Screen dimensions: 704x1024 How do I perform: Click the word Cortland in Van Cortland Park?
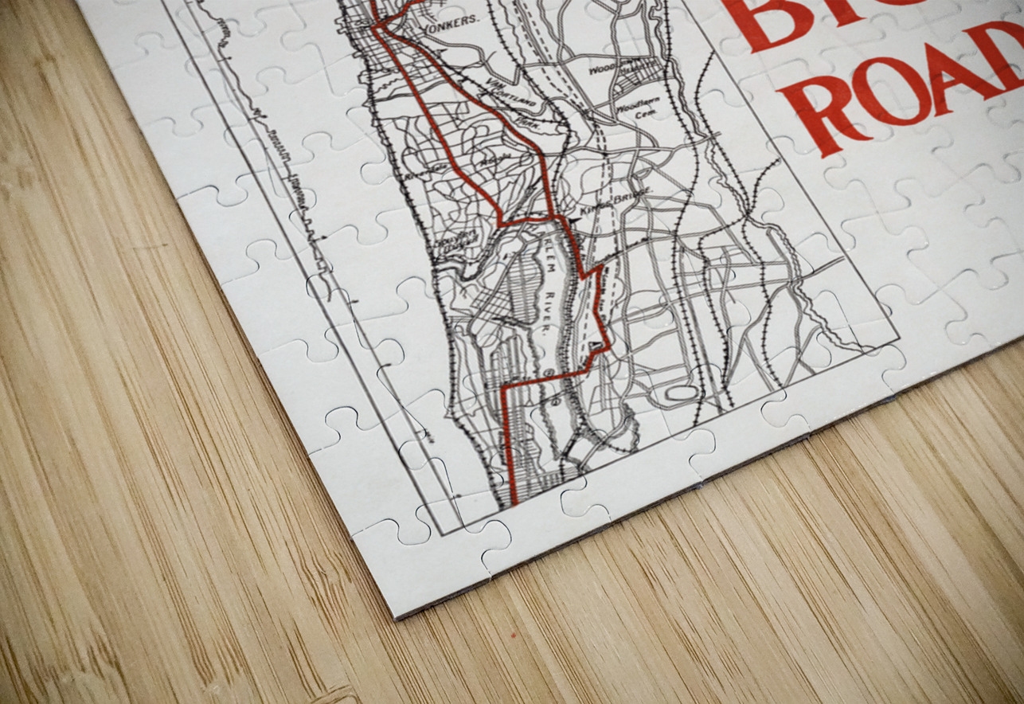pos(504,88)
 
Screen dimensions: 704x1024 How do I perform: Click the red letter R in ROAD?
pos(828,119)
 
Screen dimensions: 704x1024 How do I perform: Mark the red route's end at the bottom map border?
pos(514,503)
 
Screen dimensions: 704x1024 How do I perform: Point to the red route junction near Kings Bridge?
pos(551,217)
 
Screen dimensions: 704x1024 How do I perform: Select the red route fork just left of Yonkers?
pos(381,26)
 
